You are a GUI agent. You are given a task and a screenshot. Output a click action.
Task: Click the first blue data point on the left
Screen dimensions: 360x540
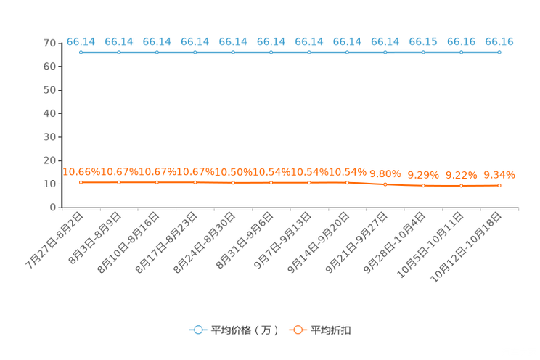click(x=81, y=52)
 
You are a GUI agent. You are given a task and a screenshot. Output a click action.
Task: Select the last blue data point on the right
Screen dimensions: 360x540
click(x=499, y=52)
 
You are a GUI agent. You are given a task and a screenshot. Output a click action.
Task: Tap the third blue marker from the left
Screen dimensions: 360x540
click(x=157, y=52)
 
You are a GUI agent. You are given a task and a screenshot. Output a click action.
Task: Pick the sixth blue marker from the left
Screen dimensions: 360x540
click(x=271, y=52)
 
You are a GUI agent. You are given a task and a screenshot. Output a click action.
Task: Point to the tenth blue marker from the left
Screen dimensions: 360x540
click(x=423, y=52)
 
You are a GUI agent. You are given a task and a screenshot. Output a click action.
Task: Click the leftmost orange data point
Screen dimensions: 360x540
click(x=81, y=182)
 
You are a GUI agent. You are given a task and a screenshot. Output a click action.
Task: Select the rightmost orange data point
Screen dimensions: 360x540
click(x=499, y=186)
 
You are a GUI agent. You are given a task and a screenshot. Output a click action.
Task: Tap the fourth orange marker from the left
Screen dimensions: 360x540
click(x=195, y=182)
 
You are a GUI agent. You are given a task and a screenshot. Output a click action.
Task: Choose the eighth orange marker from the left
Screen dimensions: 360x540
click(x=347, y=183)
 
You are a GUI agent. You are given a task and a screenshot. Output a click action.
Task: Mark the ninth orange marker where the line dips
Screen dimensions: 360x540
click(x=385, y=185)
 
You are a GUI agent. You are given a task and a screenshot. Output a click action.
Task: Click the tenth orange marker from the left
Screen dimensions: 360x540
click(x=423, y=187)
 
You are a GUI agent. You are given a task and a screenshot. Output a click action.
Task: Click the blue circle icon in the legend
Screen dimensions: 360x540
click(x=198, y=330)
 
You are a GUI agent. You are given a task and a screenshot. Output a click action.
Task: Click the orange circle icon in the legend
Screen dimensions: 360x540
click(x=298, y=330)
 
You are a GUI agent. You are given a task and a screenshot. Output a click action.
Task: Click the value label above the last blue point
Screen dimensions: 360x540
click(x=499, y=41)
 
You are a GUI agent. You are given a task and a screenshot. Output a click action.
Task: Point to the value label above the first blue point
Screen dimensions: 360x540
click(x=81, y=41)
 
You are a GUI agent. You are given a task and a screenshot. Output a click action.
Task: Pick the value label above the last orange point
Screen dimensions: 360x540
click(x=499, y=174)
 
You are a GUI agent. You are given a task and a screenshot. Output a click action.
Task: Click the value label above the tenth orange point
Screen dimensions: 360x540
click(x=423, y=174)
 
